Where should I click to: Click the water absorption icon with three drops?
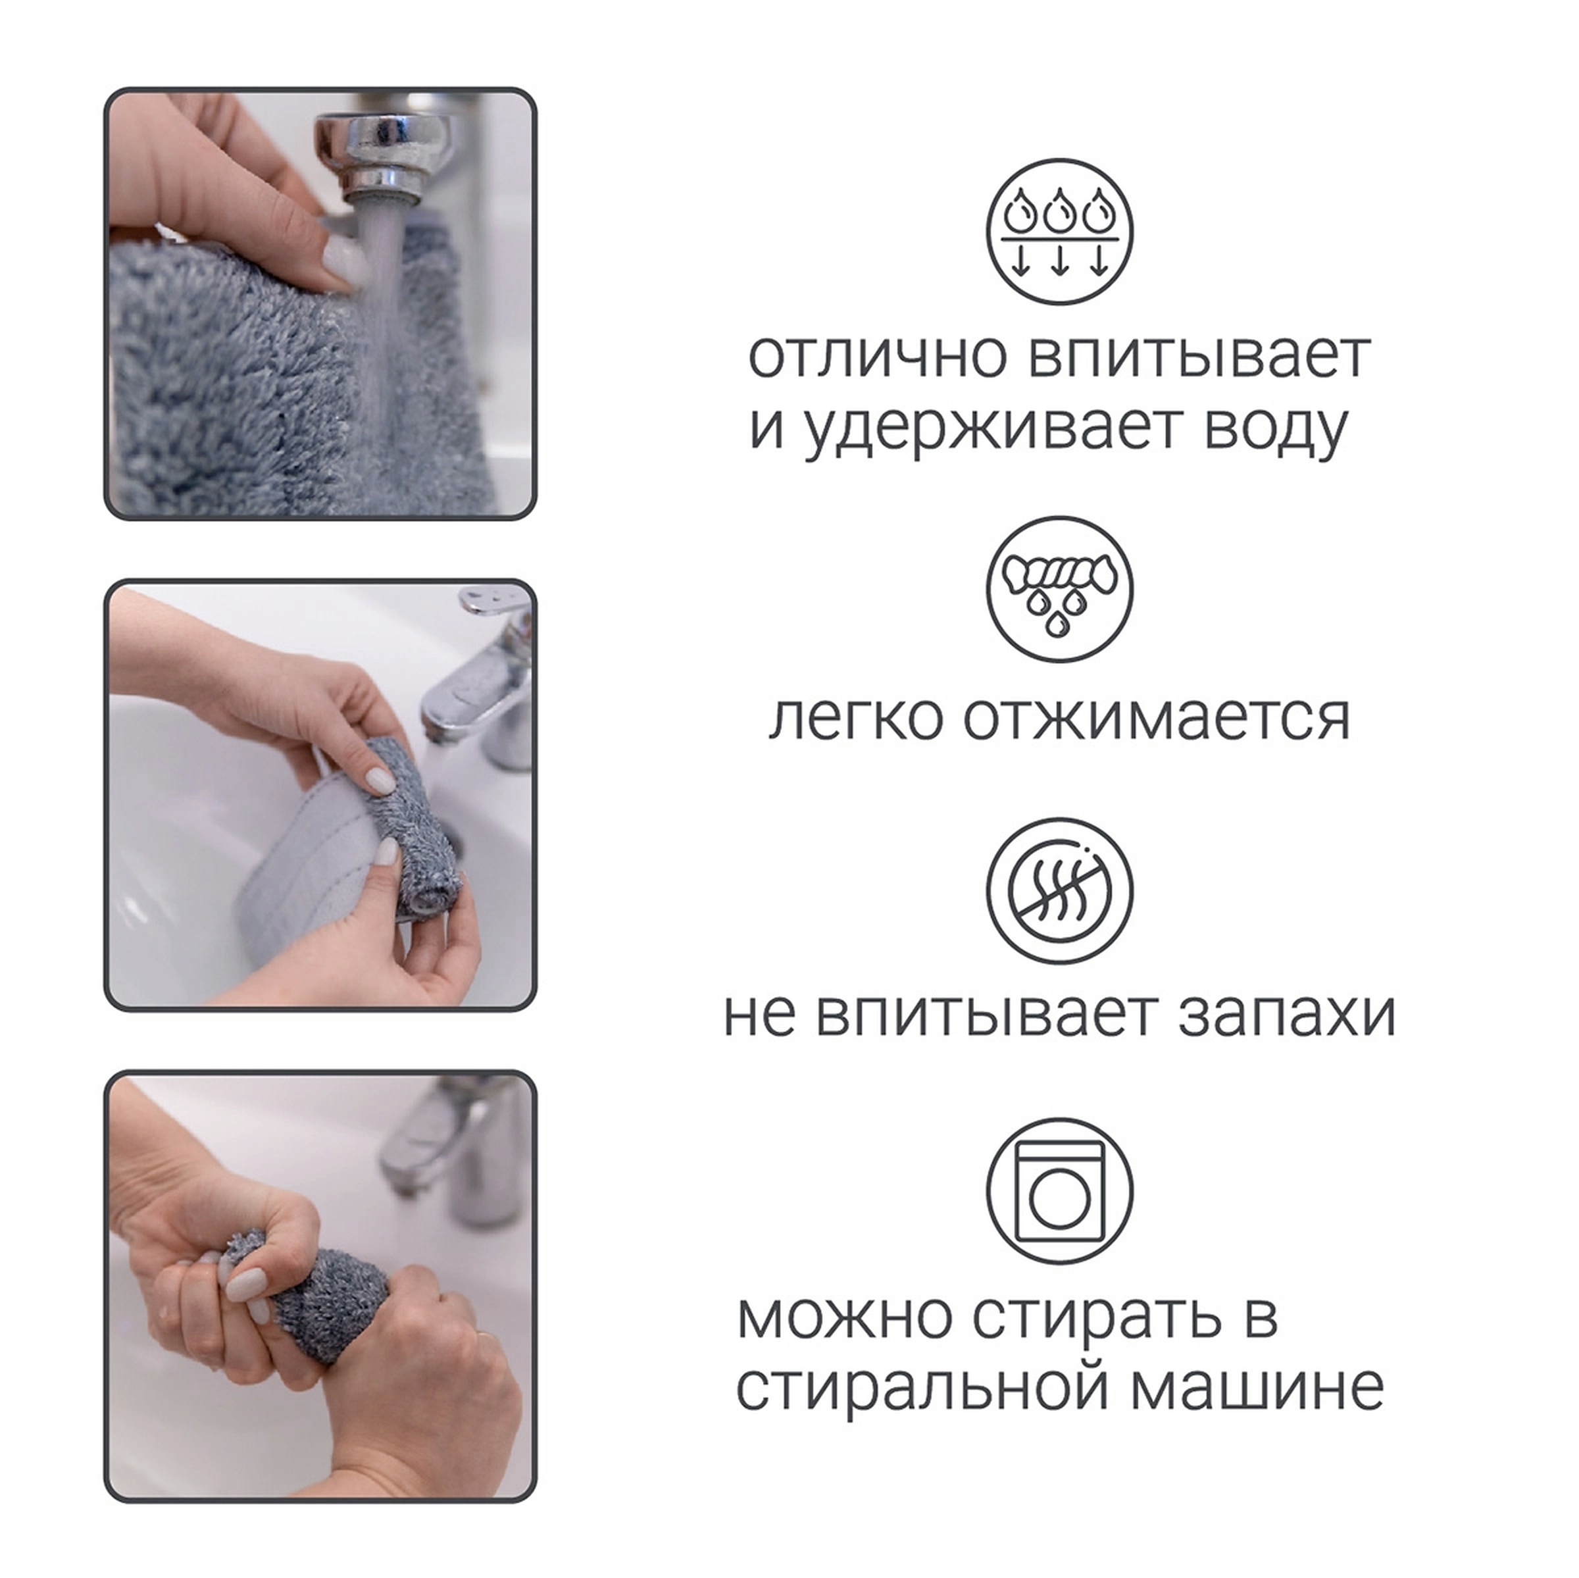point(1059,232)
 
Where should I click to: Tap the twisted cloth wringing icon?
point(1059,590)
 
